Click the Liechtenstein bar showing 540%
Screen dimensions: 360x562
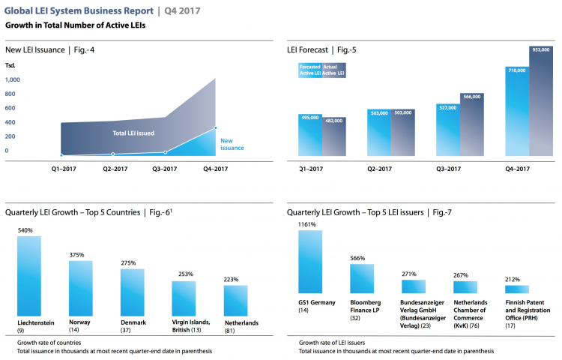coord(29,275)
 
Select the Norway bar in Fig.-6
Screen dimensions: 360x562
coord(80,288)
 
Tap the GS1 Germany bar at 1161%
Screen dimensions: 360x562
coord(310,262)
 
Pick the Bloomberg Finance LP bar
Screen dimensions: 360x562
coord(362,279)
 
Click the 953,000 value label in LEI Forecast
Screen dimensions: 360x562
coord(540,49)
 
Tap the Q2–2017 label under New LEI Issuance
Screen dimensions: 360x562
coord(115,169)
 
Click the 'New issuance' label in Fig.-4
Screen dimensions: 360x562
coord(232,144)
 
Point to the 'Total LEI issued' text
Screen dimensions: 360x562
coord(135,133)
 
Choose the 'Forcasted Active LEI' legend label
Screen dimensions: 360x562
coord(309,70)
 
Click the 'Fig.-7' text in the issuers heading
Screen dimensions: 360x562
coord(444,212)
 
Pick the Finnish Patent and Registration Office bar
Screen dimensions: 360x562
coord(517,289)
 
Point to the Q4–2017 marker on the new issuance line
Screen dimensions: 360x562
coord(216,128)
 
